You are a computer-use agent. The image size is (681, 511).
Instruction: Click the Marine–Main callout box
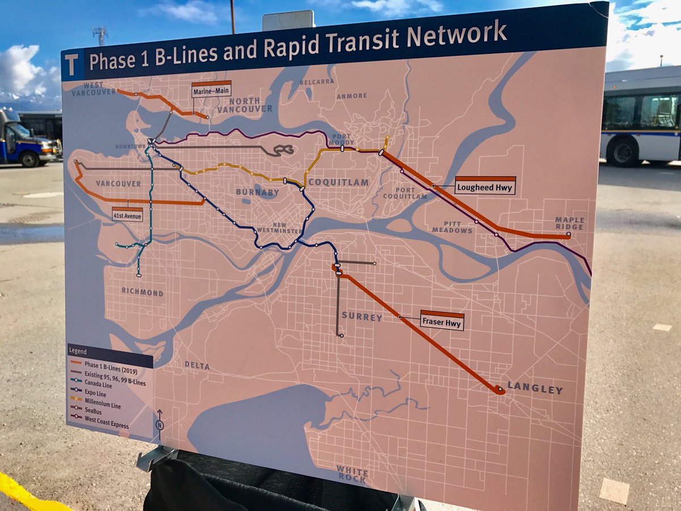click(211, 89)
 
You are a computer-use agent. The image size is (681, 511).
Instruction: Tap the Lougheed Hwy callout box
click(485, 186)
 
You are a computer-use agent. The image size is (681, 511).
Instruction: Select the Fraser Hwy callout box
click(442, 321)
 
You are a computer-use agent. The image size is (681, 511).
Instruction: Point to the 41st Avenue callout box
click(127, 215)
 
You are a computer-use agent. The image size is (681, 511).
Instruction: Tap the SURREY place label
click(361, 317)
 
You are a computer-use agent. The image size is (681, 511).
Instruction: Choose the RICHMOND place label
click(142, 292)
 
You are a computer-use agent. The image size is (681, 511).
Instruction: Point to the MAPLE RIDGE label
click(569, 223)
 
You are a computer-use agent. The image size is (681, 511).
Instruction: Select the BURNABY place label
click(258, 192)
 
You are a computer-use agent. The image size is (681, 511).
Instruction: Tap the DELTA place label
click(197, 366)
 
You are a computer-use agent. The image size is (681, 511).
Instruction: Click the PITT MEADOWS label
click(452, 227)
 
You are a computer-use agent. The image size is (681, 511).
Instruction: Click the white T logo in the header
click(72, 65)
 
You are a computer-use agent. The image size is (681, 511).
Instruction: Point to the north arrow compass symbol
click(159, 423)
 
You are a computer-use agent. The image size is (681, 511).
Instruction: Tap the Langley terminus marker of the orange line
click(499, 389)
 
